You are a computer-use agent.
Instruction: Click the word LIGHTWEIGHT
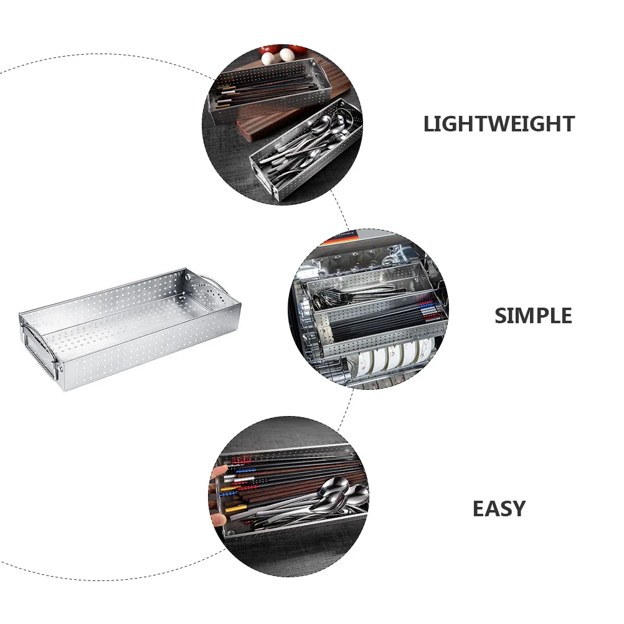point(499,124)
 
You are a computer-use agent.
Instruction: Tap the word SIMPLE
point(533,316)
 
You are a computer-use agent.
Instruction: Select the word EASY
point(499,509)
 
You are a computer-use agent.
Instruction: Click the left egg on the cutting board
point(267,59)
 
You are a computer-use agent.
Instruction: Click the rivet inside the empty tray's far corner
point(187,275)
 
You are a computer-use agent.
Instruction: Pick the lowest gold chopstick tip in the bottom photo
point(231,509)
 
